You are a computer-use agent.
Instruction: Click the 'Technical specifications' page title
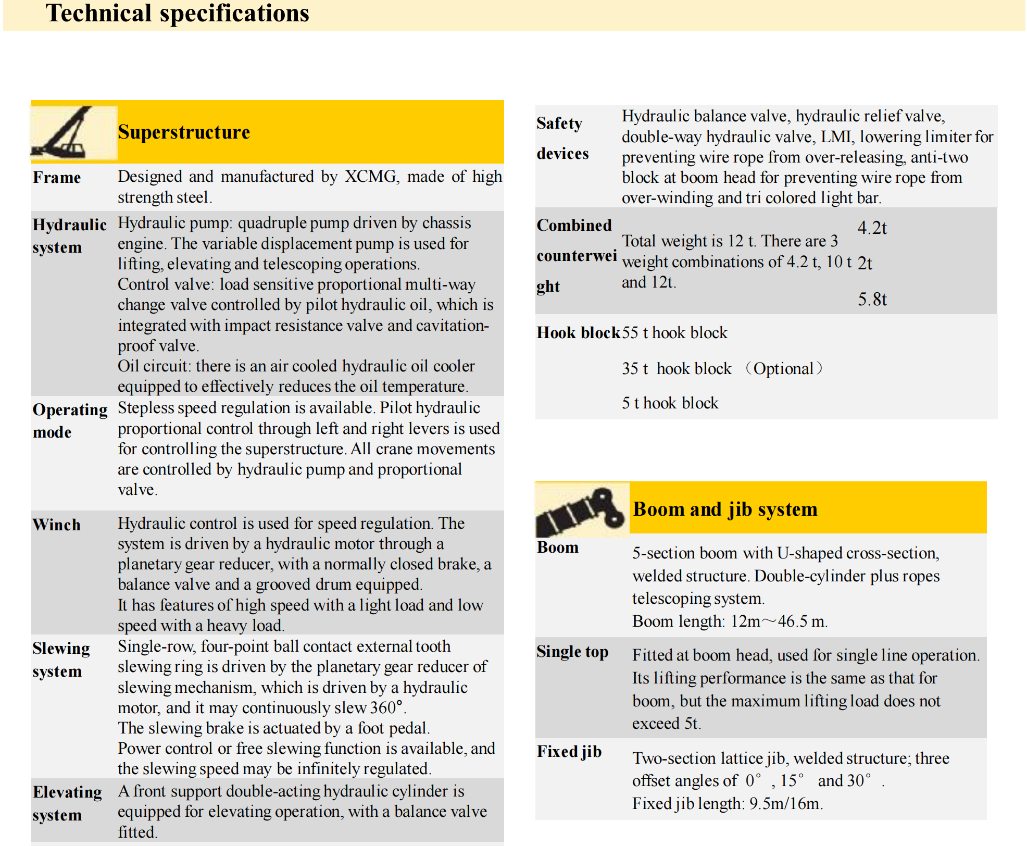click(177, 14)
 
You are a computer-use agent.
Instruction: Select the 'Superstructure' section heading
click(183, 132)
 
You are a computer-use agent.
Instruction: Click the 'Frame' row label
click(57, 178)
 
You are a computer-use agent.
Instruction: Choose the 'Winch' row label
click(57, 525)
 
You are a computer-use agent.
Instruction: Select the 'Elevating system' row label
click(67, 803)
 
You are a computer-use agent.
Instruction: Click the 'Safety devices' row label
click(562, 138)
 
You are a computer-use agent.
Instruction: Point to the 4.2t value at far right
click(872, 228)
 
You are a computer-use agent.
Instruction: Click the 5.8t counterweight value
click(872, 300)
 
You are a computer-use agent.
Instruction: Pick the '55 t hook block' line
click(674, 333)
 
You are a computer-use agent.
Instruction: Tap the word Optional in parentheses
click(783, 369)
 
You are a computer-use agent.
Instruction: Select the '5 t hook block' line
click(670, 403)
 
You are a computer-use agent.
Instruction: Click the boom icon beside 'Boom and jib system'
click(581, 510)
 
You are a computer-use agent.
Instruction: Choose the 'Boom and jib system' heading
click(725, 509)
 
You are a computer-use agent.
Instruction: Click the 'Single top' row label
click(572, 652)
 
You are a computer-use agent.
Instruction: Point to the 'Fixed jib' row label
click(569, 752)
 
